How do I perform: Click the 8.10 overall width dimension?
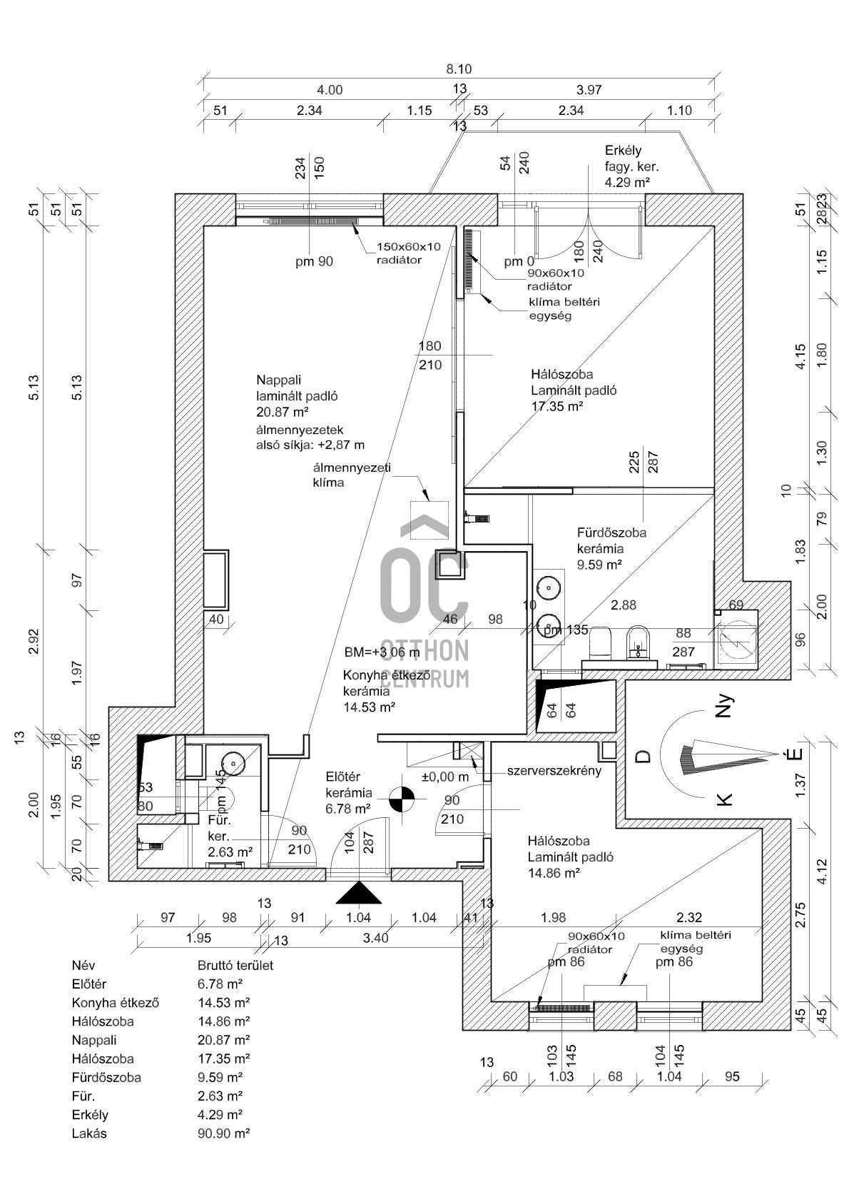(x=459, y=69)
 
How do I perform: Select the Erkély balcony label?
(x=623, y=151)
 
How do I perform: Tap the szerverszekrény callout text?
(x=554, y=771)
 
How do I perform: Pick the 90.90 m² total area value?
(x=223, y=1133)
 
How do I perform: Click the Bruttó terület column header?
(x=235, y=965)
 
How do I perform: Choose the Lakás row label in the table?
(x=89, y=1133)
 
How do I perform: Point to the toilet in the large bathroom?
(x=603, y=642)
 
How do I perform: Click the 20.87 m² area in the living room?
(x=282, y=412)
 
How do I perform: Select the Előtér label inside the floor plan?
(x=342, y=777)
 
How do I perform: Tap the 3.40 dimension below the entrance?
(x=375, y=938)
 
